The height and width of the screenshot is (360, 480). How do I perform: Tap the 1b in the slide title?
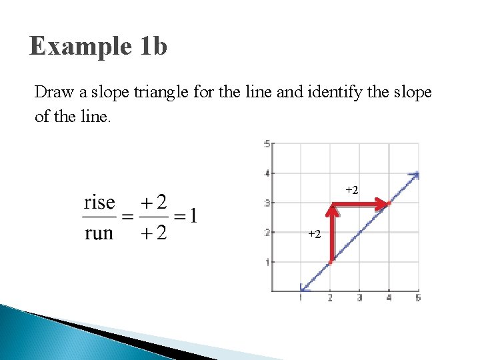tap(154, 47)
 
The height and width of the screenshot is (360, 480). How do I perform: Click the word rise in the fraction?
tap(99, 202)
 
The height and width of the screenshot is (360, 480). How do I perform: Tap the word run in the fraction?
tap(99, 233)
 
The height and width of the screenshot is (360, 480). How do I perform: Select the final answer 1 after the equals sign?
tap(192, 216)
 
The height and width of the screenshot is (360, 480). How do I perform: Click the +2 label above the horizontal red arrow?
tap(351, 191)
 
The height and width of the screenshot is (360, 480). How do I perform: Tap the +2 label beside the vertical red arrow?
tap(314, 234)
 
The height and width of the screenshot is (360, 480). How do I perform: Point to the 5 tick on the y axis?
tap(267, 143)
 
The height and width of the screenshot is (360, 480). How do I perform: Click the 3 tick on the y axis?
tap(267, 203)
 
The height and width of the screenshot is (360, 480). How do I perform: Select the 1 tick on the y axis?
tap(267, 262)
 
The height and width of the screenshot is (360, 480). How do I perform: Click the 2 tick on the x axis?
tap(330, 298)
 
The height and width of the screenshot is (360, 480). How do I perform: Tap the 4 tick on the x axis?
tap(389, 298)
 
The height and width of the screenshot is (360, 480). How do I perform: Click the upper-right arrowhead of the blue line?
tap(415, 175)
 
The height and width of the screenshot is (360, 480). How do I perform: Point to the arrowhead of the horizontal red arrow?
tap(385, 205)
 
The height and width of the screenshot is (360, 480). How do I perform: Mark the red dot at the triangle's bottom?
tap(330, 263)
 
